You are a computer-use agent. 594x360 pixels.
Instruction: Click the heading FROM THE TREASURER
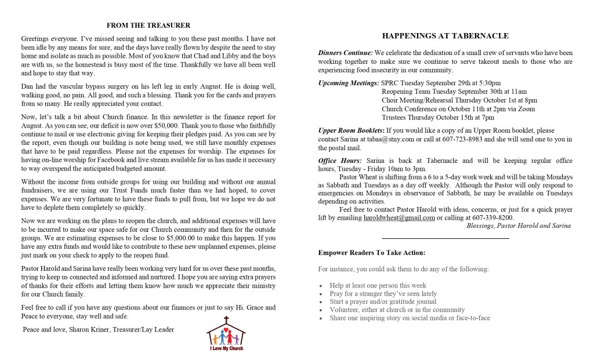[148, 25]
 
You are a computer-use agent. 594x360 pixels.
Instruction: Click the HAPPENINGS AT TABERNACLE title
[445, 36]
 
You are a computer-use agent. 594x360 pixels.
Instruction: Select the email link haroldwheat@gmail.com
[399, 218]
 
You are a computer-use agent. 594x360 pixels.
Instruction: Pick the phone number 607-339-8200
[494, 218]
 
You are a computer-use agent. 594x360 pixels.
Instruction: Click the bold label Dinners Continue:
[346, 53]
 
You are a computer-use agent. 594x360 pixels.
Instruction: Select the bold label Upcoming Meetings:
[349, 83]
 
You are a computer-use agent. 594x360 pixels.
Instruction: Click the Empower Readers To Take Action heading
[372, 253]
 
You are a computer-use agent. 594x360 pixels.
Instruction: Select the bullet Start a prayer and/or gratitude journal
[383, 301]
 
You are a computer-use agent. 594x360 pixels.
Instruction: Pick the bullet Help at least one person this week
[378, 286]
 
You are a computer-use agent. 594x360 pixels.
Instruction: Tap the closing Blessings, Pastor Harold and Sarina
[518, 226]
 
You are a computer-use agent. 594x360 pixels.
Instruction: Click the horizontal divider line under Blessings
[445, 238]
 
